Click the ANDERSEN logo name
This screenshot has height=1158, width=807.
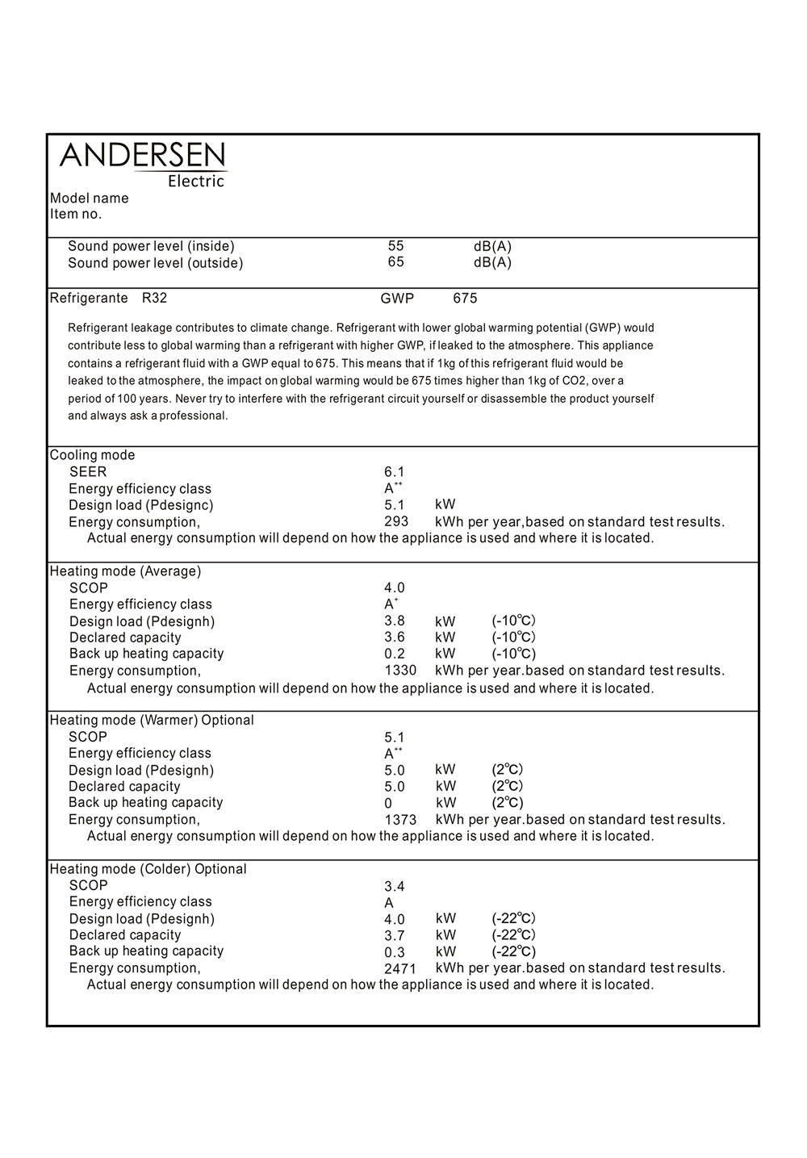coord(143,155)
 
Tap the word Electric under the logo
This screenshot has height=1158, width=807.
coord(195,182)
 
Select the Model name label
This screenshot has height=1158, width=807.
coord(90,199)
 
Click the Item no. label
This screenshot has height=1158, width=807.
coord(76,215)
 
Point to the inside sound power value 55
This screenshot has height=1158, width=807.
coord(395,246)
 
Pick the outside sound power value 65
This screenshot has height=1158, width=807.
coord(395,262)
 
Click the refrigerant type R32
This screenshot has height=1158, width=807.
coord(154,299)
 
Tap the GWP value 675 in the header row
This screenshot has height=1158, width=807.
coord(465,299)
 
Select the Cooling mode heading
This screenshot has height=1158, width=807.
coord(93,455)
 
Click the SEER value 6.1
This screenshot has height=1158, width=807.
coord(395,472)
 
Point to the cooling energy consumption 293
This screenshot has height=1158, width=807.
coord(396,522)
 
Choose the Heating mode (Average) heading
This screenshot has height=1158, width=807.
coord(126,571)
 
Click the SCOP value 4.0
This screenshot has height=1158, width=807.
coord(395,588)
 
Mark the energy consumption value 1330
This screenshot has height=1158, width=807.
coord(400,671)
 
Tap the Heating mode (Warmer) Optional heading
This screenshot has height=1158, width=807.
coord(152,720)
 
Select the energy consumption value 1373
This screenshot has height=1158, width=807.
coord(400,820)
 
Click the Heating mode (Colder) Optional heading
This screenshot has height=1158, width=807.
coord(148,869)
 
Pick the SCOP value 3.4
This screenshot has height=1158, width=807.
coord(395,887)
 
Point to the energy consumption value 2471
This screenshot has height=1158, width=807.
coord(400,969)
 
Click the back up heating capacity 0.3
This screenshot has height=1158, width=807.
coord(395,952)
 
